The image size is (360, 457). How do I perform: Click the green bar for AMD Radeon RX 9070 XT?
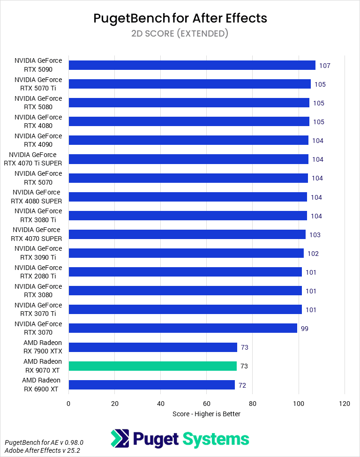(x=153, y=366)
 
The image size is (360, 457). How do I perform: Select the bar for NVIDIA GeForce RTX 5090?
(x=192, y=65)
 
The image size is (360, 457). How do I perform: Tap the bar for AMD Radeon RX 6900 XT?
(x=151, y=385)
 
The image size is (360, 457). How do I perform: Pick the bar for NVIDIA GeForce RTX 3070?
(x=183, y=328)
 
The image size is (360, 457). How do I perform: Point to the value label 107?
(x=325, y=66)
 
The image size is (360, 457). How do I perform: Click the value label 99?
(x=304, y=329)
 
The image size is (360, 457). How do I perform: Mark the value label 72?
(x=242, y=385)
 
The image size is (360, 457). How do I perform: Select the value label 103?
(x=315, y=235)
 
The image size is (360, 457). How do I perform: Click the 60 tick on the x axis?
(x=207, y=403)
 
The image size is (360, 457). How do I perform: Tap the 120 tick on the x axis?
(x=345, y=403)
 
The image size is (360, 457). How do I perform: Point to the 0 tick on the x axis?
(x=69, y=403)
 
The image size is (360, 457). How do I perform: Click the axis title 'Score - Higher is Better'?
(x=206, y=414)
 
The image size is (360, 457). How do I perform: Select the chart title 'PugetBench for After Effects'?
(x=180, y=18)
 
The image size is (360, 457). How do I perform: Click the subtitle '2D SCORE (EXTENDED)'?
(x=180, y=33)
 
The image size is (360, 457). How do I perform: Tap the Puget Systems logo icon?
(x=120, y=439)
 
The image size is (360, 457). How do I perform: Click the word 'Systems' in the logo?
(x=215, y=439)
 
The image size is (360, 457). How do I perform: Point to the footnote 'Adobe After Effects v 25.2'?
(x=42, y=450)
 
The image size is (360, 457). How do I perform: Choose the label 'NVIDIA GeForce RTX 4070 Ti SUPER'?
(x=36, y=159)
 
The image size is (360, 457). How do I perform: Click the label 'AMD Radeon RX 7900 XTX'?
(x=43, y=347)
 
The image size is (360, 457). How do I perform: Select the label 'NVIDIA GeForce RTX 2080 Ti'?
(x=38, y=272)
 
